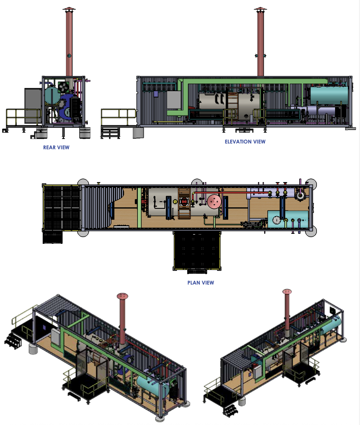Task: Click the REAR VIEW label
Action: pos(56,147)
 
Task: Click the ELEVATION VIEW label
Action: pos(245,142)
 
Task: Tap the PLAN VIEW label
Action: pos(201,283)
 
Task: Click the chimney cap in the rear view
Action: pos(69,9)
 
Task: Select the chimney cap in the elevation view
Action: pos(260,9)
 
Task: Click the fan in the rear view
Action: pos(63,87)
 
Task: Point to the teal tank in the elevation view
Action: pos(329,95)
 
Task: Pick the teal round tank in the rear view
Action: pos(52,95)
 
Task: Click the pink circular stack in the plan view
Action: pos(214,202)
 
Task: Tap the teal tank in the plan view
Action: pos(288,219)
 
